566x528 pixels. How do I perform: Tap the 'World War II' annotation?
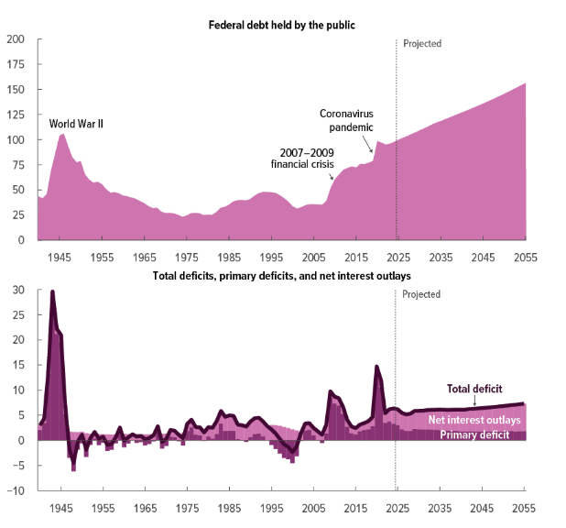[76, 123]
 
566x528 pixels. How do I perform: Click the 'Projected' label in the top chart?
[422, 43]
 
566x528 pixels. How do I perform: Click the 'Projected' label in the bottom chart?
[422, 294]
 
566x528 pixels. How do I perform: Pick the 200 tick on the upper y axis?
[16, 40]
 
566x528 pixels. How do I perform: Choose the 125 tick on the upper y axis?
[16, 115]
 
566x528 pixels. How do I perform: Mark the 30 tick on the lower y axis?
[19, 291]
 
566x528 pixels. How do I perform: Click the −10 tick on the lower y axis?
[17, 490]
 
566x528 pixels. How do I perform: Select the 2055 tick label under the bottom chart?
[524, 508]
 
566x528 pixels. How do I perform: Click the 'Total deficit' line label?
[474, 389]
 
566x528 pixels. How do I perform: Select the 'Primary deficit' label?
[475, 434]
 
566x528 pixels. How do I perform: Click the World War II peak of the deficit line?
[52, 291]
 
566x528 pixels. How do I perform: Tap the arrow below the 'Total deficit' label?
[474, 400]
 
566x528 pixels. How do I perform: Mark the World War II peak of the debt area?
[61, 135]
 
